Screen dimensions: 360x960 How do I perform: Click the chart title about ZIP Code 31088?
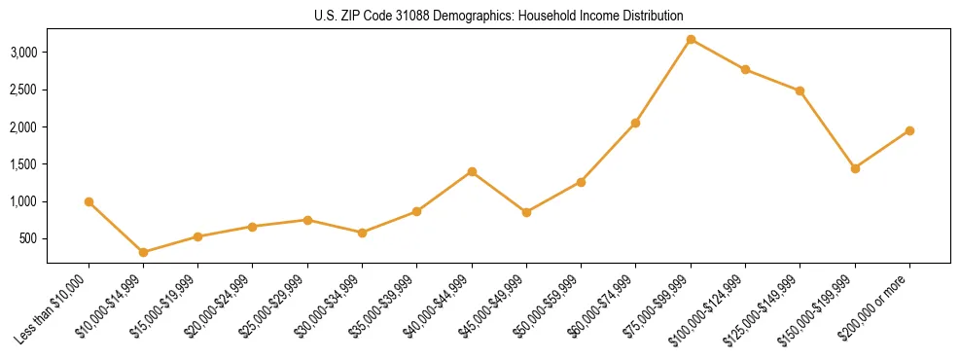click(x=498, y=16)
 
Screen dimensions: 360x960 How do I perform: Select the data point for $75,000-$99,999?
click(x=691, y=39)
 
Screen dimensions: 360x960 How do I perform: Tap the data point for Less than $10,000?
click(x=89, y=201)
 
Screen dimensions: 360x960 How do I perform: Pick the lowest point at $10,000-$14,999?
click(x=144, y=252)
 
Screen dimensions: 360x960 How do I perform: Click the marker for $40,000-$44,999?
click(x=472, y=171)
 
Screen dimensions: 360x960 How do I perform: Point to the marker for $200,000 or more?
click(x=909, y=130)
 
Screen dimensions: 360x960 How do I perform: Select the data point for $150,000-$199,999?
click(x=855, y=168)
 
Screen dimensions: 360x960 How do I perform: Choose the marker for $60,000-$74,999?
click(x=636, y=123)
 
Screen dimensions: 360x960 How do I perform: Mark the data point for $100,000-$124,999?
click(x=745, y=69)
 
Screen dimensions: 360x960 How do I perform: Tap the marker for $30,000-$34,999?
click(x=362, y=233)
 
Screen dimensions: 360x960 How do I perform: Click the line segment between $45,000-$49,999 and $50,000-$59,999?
click(x=553, y=197)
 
